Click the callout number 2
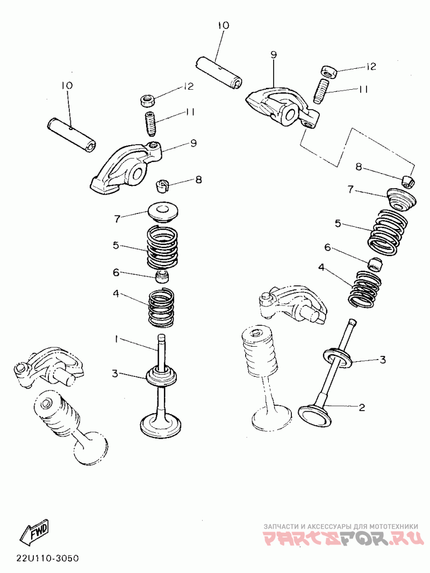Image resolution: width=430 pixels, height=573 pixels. pos(362,407)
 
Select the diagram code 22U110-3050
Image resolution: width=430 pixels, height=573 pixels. pos(47,558)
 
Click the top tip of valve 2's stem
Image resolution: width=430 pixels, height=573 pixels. pos(352,320)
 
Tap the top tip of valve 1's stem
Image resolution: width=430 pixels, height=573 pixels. pos(161,335)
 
